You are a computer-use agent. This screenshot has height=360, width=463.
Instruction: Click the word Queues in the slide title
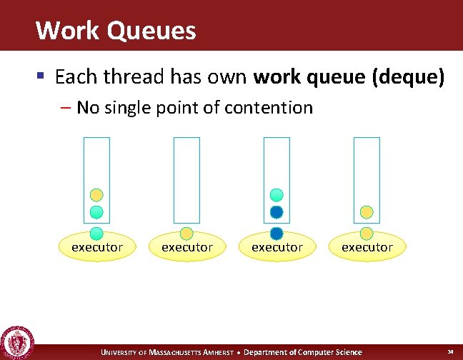point(154,31)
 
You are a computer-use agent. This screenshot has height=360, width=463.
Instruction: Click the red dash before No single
point(66,108)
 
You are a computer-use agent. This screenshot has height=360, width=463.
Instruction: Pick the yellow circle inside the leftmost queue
point(96,195)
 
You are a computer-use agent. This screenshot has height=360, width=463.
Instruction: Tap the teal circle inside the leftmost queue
point(96,212)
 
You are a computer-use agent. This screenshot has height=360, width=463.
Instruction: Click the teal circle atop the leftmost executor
point(96,234)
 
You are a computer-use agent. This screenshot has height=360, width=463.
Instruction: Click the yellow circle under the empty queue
point(186,234)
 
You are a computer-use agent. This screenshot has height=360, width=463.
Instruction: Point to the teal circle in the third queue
point(277,195)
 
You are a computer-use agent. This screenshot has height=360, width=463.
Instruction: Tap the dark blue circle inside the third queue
point(277,212)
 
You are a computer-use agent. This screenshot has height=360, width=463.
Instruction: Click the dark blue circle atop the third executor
point(277,234)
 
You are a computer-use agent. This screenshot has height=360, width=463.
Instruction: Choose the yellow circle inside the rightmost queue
point(367,212)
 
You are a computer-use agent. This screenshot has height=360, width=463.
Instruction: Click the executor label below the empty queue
point(186,247)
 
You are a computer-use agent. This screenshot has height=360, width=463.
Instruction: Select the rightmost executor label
point(367,247)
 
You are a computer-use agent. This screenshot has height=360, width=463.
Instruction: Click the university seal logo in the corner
point(17,344)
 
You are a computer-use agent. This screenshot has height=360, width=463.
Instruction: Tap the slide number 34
point(450,352)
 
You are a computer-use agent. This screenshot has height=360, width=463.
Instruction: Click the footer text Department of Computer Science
point(303,352)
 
